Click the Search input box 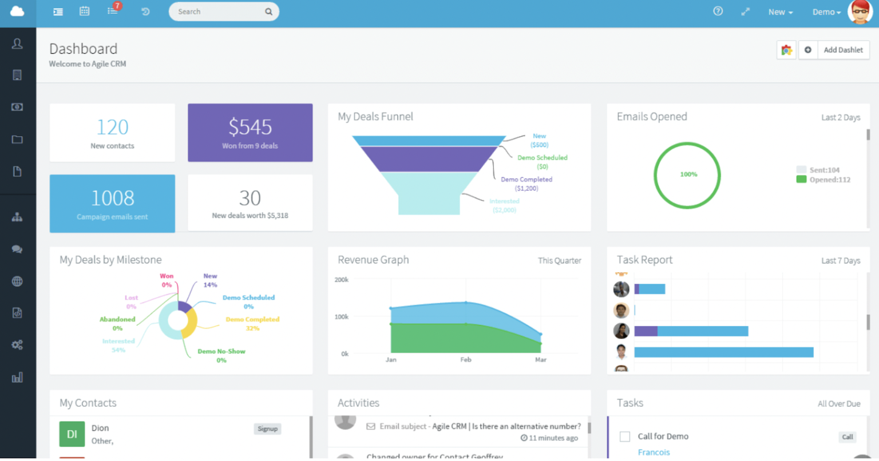tap(217, 11)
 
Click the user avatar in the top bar tap(860, 11)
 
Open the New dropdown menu tap(780, 12)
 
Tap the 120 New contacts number tap(112, 127)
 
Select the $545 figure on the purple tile tap(250, 127)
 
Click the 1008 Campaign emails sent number tap(112, 198)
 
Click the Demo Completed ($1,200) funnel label tap(526, 184)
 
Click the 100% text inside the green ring tap(688, 174)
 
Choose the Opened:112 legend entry tap(829, 180)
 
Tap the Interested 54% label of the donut tap(118, 345)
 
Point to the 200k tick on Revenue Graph tap(342, 280)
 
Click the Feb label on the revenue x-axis tap(466, 360)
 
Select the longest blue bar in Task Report tap(723, 352)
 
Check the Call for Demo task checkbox tap(625, 436)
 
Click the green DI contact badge tap(72, 434)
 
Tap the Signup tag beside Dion tap(267, 429)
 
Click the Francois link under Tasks tap(654, 452)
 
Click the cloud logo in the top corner tap(17, 11)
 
